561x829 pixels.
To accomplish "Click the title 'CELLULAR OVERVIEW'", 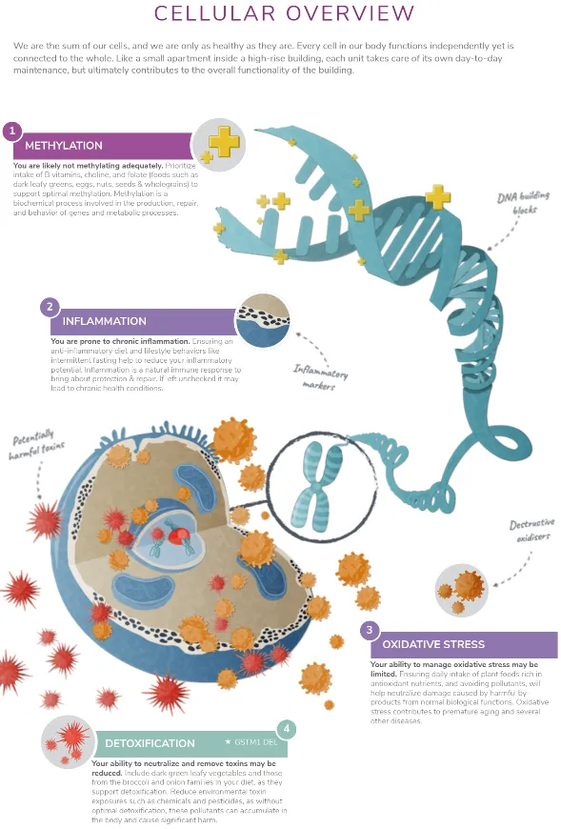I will coord(284,13).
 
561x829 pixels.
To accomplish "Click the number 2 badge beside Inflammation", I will coord(49,307).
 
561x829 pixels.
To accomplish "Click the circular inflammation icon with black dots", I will coord(261,320).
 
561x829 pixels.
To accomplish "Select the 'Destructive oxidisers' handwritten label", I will coord(531,532).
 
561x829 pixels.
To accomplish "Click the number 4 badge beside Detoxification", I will coord(288,730).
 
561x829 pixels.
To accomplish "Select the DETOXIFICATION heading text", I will coord(136,743).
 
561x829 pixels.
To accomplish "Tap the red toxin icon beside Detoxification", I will coord(70,739).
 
